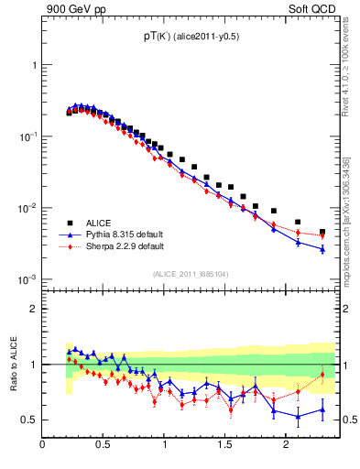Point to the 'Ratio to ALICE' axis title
coord(14,364)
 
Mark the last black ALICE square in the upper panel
coord(322,233)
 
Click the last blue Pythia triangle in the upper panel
coord(322,248)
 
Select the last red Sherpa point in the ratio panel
coord(322,374)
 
